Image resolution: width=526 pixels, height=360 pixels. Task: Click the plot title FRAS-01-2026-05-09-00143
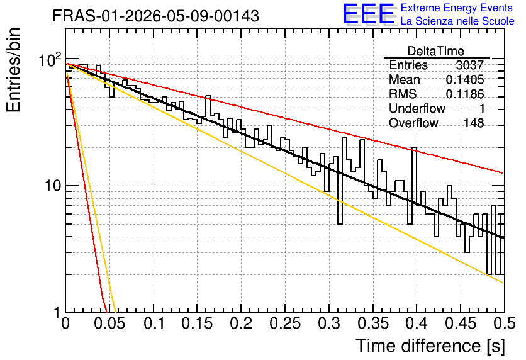click(x=155, y=16)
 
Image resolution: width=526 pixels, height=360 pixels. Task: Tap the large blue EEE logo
click(x=369, y=14)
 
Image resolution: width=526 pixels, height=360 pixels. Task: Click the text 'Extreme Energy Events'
click(x=457, y=8)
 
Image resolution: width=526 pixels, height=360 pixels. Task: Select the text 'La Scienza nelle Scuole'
click(x=457, y=21)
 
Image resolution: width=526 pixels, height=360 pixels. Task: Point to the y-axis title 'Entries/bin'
click(x=13, y=70)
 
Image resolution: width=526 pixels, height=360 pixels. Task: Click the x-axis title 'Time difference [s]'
click(x=430, y=346)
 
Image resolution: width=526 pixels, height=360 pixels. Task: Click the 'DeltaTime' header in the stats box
click(x=436, y=51)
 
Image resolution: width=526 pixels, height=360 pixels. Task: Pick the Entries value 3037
click(x=469, y=65)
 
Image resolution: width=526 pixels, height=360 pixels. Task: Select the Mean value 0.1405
click(x=465, y=79)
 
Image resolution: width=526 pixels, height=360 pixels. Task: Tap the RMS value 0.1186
click(x=465, y=94)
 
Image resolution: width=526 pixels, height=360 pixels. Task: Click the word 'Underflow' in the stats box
click(x=417, y=108)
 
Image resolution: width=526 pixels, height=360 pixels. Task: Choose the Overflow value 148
click(x=474, y=123)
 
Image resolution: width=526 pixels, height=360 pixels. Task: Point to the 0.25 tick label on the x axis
click(x=285, y=323)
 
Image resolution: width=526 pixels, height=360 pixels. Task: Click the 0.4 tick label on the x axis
click(x=417, y=323)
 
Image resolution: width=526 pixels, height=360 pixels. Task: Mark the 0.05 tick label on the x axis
click(x=109, y=323)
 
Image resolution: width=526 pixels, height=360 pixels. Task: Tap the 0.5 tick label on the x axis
click(x=504, y=323)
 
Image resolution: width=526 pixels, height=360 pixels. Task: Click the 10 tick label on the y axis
click(x=53, y=186)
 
